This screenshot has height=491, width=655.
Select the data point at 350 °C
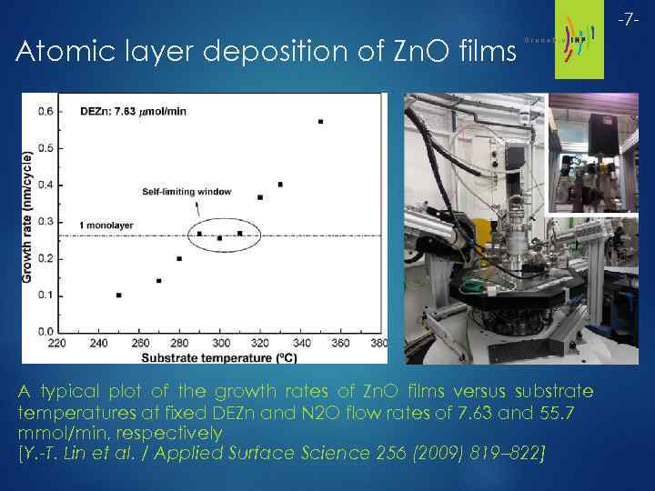coord(320,122)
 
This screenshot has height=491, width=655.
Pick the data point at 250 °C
coord(119,296)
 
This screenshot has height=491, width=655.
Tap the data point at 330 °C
coord(280,185)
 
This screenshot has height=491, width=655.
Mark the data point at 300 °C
coord(219,238)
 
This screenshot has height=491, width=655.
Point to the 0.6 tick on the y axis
coord(45,112)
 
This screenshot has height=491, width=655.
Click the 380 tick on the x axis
coord(380,344)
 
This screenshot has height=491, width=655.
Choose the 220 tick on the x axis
coord(57,344)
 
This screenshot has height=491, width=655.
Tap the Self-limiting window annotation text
coord(187,192)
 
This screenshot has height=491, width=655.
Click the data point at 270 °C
coord(159,281)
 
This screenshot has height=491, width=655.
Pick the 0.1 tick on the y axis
coord(45,296)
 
